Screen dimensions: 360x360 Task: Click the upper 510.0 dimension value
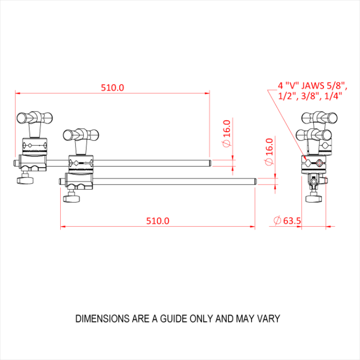(x=113, y=87)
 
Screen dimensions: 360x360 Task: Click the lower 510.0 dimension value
(x=157, y=221)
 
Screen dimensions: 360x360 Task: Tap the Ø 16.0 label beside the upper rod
(x=227, y=133)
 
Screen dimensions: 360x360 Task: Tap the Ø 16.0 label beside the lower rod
(x=268, y=152)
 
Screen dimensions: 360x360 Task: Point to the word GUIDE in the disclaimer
(x=169, y=319)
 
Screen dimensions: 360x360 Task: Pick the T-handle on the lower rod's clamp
(x=79, y=135)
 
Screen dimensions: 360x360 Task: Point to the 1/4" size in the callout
(x=333, y=97)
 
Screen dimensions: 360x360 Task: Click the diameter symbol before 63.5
(x=277, y=221)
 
